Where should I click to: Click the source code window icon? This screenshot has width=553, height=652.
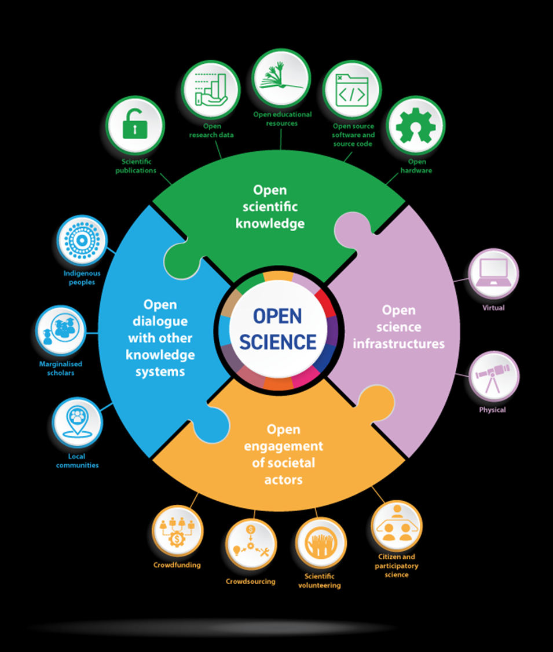[351, 92]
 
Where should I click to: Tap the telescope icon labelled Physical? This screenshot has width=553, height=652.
[493, 376]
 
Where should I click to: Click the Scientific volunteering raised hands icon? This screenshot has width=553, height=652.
[320, 543]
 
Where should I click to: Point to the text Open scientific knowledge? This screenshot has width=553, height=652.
[270, 206]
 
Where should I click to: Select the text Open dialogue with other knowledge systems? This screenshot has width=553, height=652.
[160, 338]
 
